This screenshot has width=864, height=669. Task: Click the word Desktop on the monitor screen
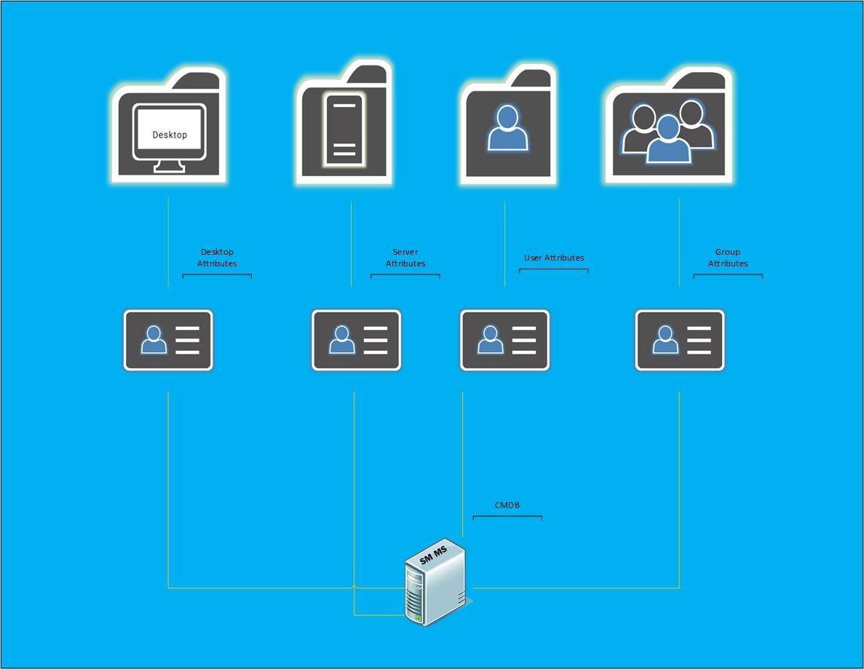[170, 135]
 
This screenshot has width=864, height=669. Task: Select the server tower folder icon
[344, 123]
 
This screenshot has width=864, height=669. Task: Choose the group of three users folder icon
[669, 126]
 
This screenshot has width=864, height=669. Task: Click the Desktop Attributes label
[217, 258]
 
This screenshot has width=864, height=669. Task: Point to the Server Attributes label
[405, 258]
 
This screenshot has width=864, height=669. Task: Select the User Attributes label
[554, 258]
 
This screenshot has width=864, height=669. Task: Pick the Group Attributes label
[728, 258]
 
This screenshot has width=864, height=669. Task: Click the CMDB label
[507, 504]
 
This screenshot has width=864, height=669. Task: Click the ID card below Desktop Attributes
[168, 340]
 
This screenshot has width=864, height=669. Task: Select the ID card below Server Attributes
[357, 340]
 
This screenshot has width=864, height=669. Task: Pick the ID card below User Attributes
[504, 340]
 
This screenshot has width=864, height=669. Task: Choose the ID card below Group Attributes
[680, 340]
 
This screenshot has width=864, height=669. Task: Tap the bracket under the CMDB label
[507, 516]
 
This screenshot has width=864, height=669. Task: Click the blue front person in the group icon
[668, 140]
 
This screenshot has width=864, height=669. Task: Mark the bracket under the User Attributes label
[554, 269]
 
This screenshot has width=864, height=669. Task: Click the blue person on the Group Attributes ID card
[665, 339]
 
